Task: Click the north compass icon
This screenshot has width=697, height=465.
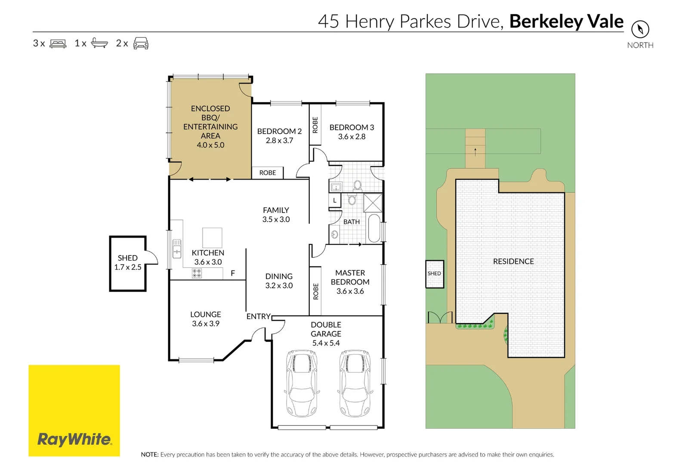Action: (x=640, y=30)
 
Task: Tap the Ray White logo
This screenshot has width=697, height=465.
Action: (x=74, y=410)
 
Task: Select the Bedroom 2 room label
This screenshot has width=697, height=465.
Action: (x=279, y=131)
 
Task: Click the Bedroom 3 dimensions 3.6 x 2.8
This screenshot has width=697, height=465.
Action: (x=352, y=136)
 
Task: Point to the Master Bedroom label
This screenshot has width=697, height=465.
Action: (x=350, y=277)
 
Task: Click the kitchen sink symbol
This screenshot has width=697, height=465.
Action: (x=177, y=248)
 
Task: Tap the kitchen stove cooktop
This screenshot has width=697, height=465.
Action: (x=197, y=273)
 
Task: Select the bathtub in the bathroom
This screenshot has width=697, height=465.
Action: (x=374, y=228)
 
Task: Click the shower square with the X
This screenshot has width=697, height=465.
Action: (x=373, y=203)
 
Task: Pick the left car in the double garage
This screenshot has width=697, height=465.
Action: (x=302, y=383)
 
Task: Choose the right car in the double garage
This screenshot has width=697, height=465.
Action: (x=355, y=383)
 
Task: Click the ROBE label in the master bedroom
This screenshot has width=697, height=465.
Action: (x=315, y=291)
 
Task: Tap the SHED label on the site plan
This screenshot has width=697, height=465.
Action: (x=434, y=273)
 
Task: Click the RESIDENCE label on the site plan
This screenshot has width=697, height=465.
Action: (x=513, y=261)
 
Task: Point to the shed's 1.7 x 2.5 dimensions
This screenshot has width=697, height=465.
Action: (x=128, y=267)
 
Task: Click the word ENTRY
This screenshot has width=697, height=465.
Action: (x=258, y=316)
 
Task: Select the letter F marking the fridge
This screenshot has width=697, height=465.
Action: (x=233, y=273)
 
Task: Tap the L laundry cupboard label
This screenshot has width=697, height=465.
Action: (x=334, y=200)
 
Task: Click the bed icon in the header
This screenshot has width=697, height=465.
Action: (x=58, y=43)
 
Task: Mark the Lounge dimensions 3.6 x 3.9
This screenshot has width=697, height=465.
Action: (x=206, y=324)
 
